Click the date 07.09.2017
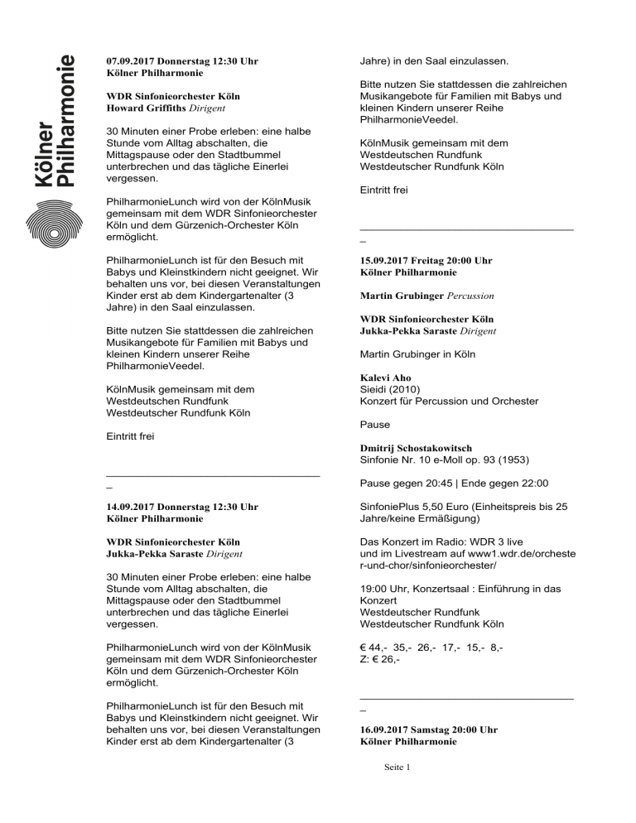(x=135, y=61)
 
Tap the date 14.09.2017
(x=135, y=506)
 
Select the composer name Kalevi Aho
(x=385, y=377)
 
